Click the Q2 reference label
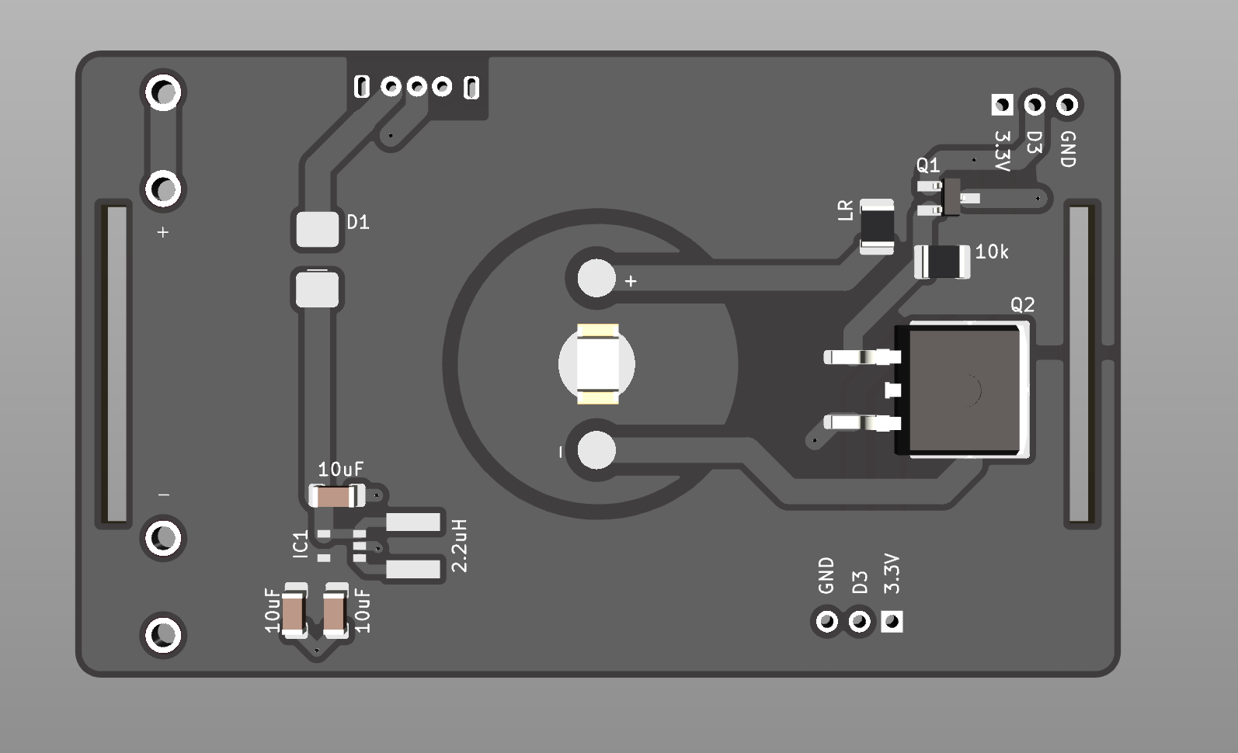(x=1022, y=305)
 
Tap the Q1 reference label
(x=927, y=165)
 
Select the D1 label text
(x=358, y=223)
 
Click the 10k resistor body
(x=942, y=261)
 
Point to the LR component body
(x=877, y=227)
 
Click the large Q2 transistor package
(x=963, y=390)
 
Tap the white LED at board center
(x=597, y=364)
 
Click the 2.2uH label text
(x=459, y=546)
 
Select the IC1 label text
(x=301, y=544)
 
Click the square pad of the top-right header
(x=1002, y=104)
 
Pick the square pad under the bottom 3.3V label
(x=892, y=621)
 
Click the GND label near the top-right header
(x=1068, y=149)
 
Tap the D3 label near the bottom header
(x=859, y=582)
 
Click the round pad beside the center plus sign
(x=596, y=279)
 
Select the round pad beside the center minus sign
(x=596, y=450)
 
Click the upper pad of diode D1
(x=318, y=229)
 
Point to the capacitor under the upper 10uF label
(x=337, y=495)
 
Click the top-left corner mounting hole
(x=163, y=92)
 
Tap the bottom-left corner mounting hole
(x=163, y=635)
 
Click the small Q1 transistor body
(x=951, y=196)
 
